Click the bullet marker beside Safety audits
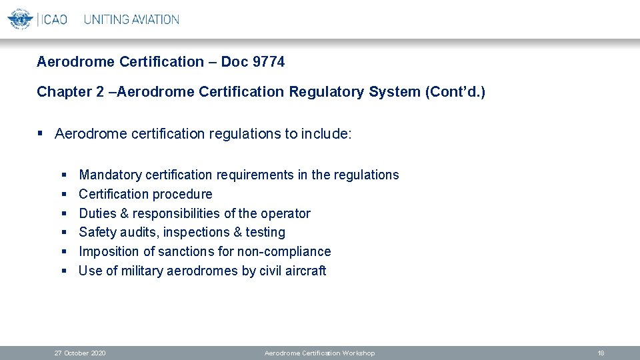pyautogui.click(x=64, y=233)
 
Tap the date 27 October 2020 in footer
pyautogui.click(x=80, y=353)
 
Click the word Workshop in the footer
pyautogui.click(x=358, y=353)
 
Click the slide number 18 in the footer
pyautogui.click(x=601, y=353)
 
